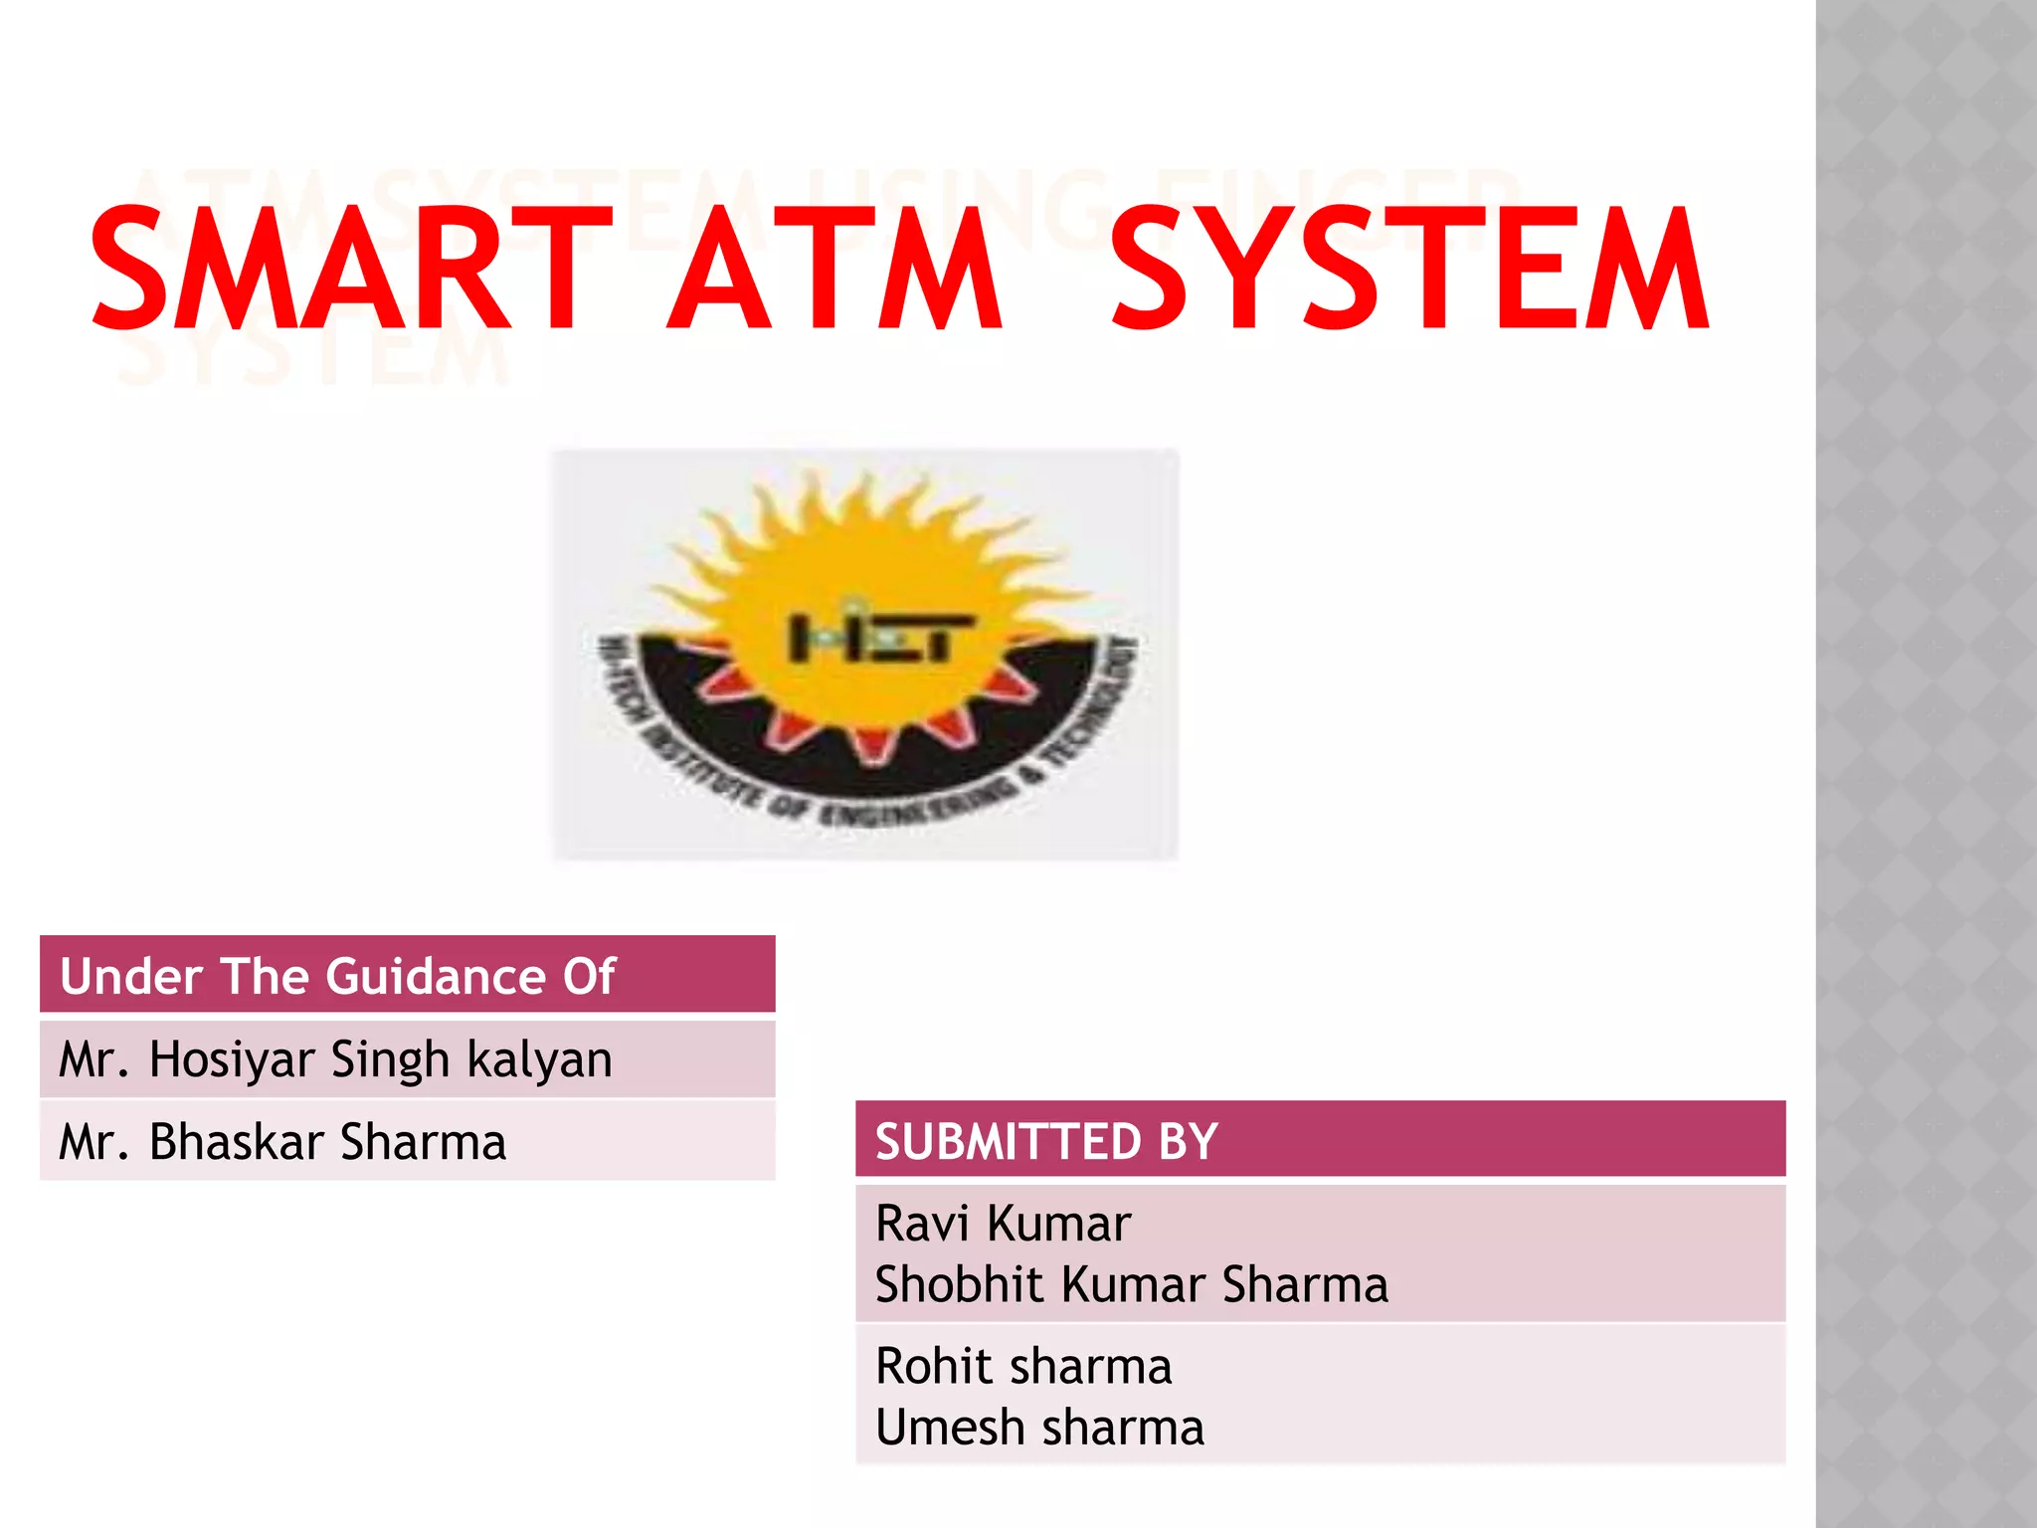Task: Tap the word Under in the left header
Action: point(132,977)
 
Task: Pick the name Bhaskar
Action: point(237,1142)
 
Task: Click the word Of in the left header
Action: point(590,977)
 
